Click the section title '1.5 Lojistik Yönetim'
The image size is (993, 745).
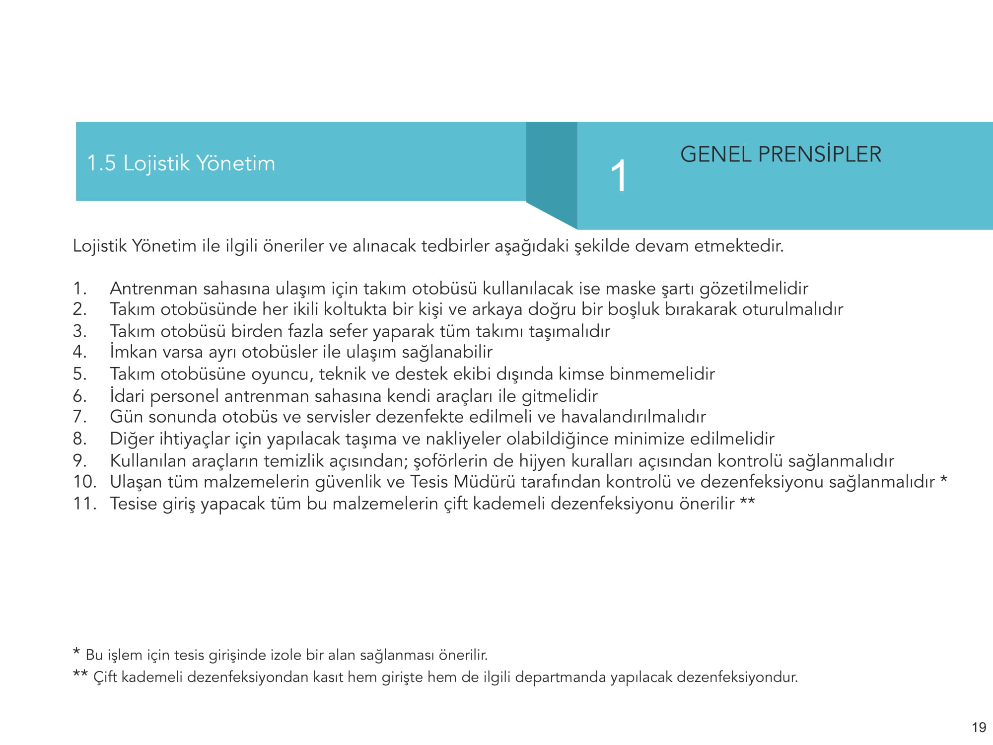181,163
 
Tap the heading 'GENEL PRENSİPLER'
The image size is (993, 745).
780,154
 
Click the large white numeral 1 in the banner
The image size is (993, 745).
619,176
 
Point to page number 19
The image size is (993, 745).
979,728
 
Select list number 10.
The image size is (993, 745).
84,482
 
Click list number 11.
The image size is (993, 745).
84,504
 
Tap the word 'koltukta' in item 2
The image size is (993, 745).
355,309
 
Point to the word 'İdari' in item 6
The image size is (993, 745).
127,396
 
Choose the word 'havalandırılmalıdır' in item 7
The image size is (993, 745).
633,417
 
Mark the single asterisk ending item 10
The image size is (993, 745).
943,480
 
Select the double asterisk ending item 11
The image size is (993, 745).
747,502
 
